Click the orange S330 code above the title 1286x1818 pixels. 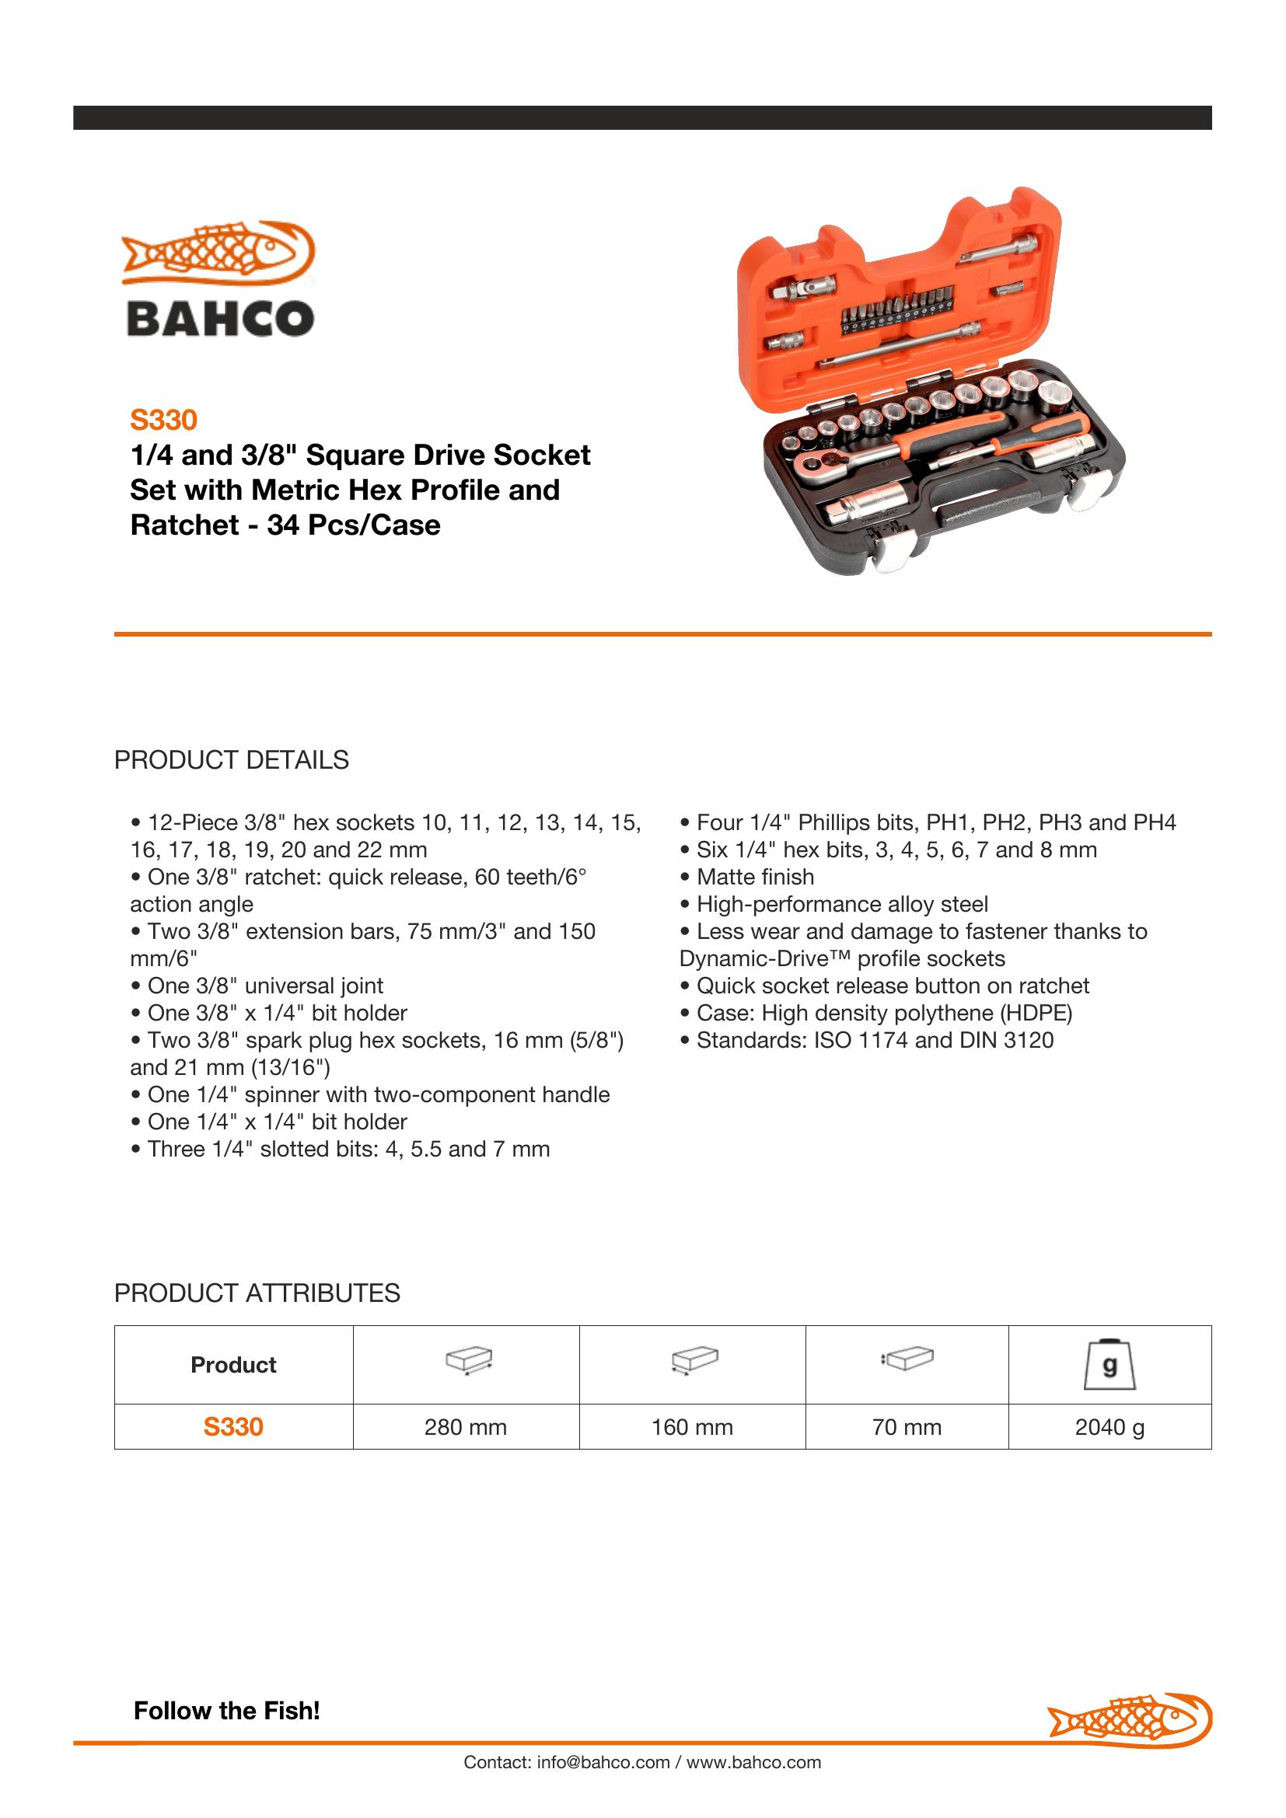(x=163, y=420)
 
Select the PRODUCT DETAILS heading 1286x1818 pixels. (x=231, y=760)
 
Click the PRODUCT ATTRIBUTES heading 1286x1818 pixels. (x=257, y=1293)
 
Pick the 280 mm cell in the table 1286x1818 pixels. (x=466, y=1427)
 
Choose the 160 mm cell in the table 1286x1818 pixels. (x=692, y=1427)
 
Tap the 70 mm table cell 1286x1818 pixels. (x=907, y=1427)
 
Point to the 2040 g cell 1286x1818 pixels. (x=1110, y=1427)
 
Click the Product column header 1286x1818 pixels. (x=233, y=1364)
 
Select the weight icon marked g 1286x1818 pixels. (x=1110, y=1364)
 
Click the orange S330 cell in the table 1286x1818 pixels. (x=233, y=1427)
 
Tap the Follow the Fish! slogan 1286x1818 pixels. (x=226, y=1710)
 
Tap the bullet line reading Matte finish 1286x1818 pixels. (x=755, y=878)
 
